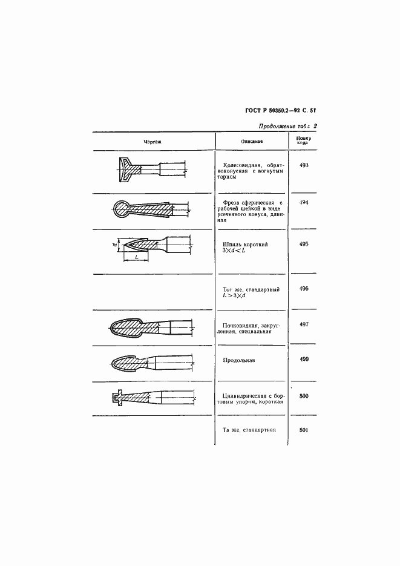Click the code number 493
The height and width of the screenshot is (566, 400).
pos(304,165)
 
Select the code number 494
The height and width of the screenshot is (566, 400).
pos(304,203)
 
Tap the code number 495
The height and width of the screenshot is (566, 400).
pos(304,244)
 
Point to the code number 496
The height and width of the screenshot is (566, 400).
pos(304,289)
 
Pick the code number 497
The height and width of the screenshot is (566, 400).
pos(304,324)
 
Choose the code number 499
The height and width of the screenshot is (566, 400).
pos(304,360)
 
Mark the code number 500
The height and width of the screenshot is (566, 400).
pos(304,396)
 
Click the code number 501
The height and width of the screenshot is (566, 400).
pos(304,430)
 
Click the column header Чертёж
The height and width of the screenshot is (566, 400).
pos(152,142)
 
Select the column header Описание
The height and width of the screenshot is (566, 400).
pos(252,142)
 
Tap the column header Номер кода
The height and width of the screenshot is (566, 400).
pos(304,140)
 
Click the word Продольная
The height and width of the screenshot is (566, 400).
pos(239,360)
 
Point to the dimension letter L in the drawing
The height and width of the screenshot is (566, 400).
pos(137,257)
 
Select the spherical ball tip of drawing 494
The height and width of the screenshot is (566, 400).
pos(121,209)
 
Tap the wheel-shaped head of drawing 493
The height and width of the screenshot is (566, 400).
pos(125,169)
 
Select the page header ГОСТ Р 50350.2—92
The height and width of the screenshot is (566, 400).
pos(273,111)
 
